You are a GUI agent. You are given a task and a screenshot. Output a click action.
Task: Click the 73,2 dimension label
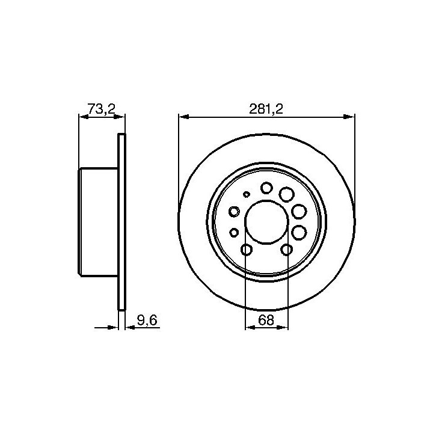pos(101,109)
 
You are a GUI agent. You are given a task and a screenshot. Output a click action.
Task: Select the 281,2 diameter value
pos(266,109)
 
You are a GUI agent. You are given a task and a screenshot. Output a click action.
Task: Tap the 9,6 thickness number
pos(147,321)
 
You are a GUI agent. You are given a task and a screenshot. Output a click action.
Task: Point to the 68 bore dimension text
pos(266,320)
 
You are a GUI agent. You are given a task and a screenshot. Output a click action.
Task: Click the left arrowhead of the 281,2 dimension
pos(184,117)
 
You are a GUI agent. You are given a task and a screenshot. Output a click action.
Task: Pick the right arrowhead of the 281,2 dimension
pos(349,117)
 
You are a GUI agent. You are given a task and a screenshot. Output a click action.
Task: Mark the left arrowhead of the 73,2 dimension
pos(84,117)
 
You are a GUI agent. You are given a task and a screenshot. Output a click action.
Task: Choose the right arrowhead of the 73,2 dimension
pos(120,117)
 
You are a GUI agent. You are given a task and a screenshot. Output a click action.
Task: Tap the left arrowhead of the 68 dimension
pos(250,328)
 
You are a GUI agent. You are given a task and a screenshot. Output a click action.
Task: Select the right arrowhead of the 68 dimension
pos(283,328)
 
